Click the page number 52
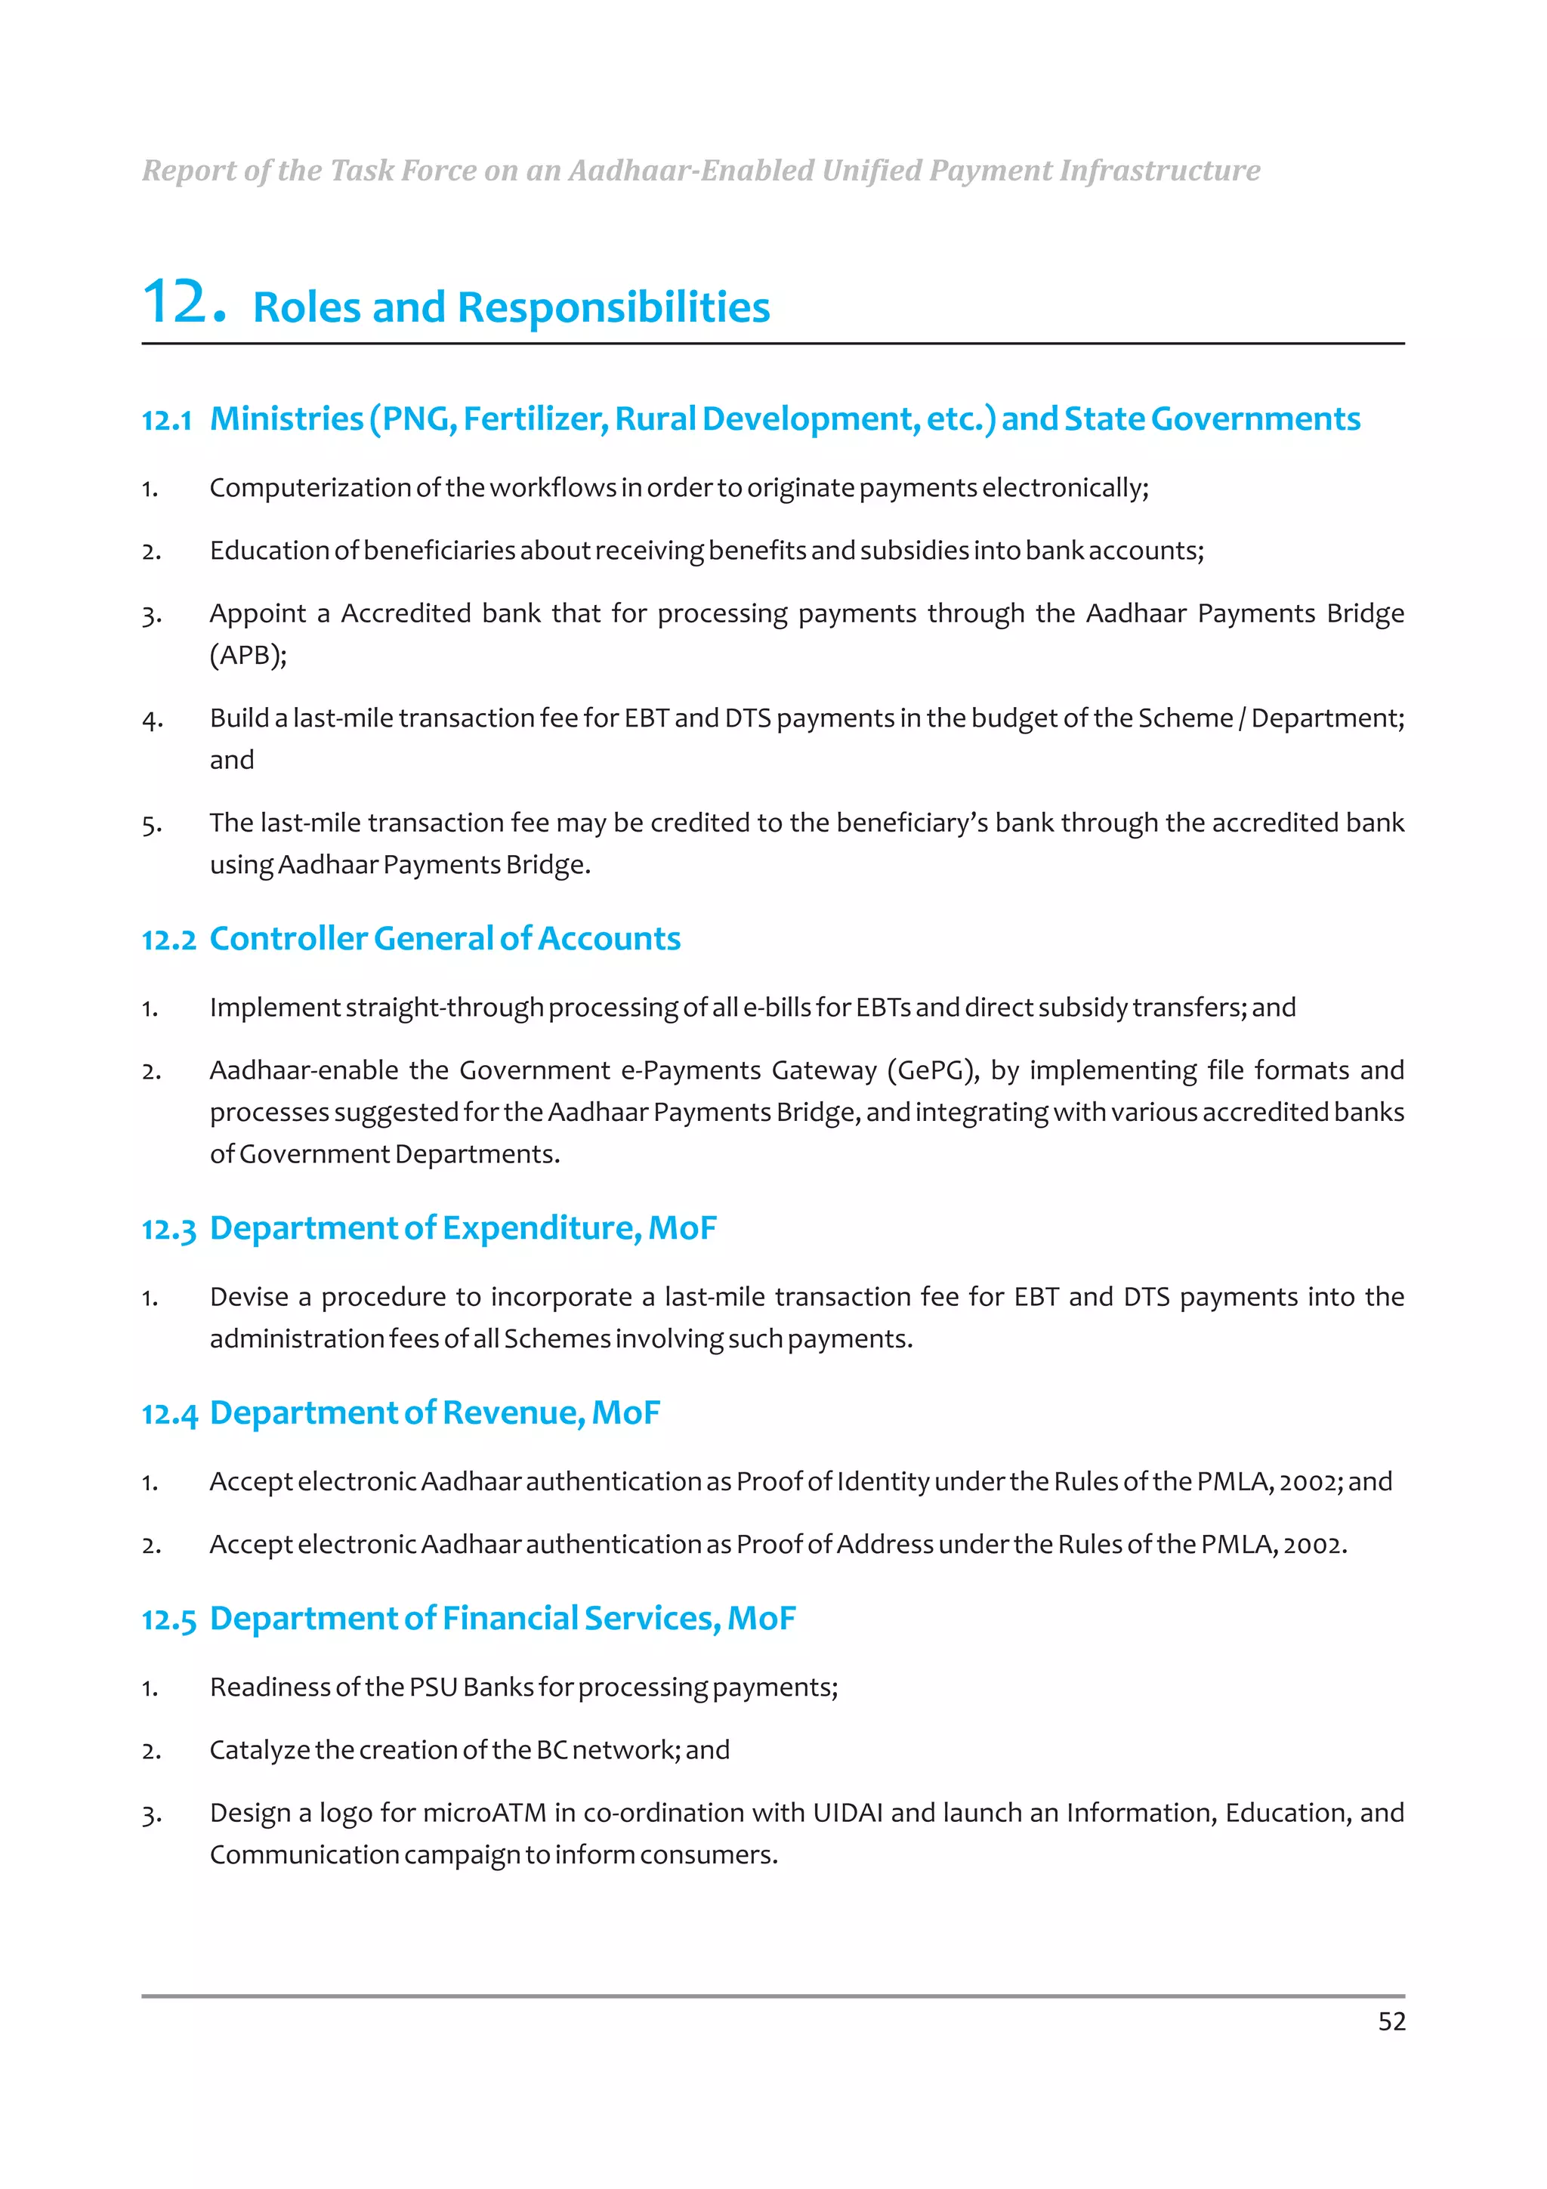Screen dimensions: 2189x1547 (x=1391, y=2021)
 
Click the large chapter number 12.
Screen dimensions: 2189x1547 (x=184, y=302)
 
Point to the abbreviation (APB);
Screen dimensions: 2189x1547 (x=248, y=655)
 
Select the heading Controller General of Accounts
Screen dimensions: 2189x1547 (x=444, y=939)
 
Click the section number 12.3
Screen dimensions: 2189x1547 (x=168, y=1230)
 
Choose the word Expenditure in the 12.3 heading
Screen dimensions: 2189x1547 (x=540, y=1229)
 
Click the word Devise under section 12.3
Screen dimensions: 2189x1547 (x=248, y=1297)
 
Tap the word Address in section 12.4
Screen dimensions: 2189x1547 (x=885, y=1545)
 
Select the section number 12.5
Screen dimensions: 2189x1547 (x=168, y=1619)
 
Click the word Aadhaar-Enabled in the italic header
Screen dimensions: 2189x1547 (x=691, y=171)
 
